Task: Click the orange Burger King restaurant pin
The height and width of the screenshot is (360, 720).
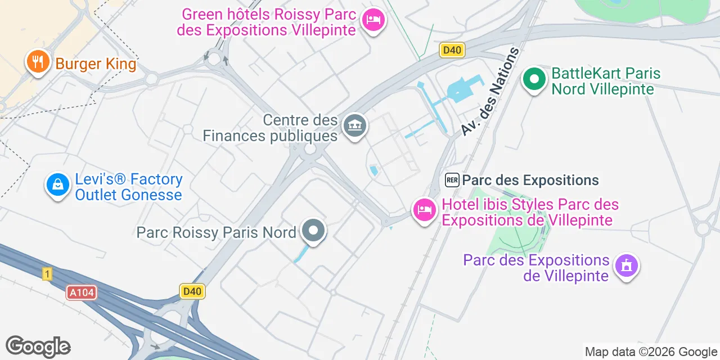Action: [38, 62]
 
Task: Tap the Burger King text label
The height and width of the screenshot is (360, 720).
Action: [96, 64]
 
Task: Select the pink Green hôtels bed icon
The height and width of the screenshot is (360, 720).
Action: [373, 20]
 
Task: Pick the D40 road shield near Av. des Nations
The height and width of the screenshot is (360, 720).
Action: [452, 51]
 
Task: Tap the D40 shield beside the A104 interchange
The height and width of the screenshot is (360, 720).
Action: [192, 291]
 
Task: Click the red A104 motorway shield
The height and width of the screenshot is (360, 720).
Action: [82, 292]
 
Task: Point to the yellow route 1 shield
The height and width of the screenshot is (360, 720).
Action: [47, 274]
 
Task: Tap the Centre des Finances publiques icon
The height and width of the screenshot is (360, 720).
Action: [355, 126]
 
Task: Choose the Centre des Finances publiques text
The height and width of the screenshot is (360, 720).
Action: [270, 128]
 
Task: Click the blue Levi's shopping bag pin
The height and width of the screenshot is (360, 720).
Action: [57, 184]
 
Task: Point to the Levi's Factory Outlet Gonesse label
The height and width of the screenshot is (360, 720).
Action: [128, 187]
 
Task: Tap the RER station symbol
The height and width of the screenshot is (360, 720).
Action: [452, 180]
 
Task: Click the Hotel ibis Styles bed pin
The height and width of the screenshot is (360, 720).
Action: [424, 210]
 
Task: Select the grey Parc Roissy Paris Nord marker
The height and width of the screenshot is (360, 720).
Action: [313, 231]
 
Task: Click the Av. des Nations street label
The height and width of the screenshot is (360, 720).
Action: [489, 91]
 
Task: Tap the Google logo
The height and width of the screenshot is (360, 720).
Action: [38, 346]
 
